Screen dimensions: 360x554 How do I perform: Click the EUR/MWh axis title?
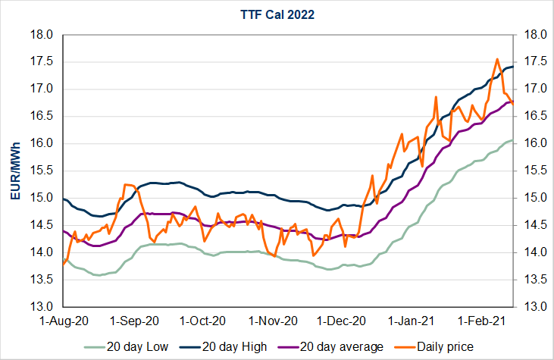click(14, 171)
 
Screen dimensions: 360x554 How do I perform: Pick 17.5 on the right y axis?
click(532, 62)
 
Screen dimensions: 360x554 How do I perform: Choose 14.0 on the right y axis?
click(532, 252)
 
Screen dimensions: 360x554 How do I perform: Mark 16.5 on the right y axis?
click(532, 117)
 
